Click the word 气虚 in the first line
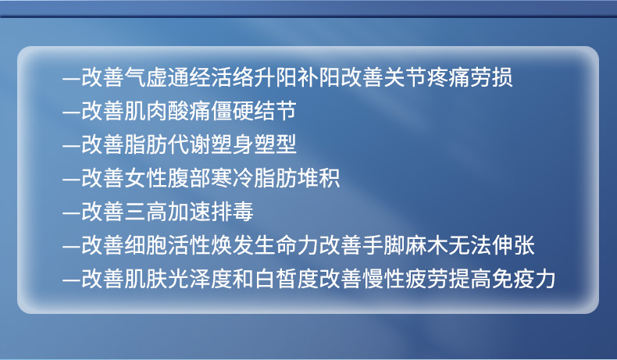(x=146, y=77)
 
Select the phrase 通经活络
(x=211, y=77)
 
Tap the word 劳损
(x=491, y=77)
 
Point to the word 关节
(x=405, y=77)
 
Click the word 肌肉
(x=146, y=111)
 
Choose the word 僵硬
(x=232, y=111)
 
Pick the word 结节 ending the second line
(x=276, y=111)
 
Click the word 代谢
(x=189, y=144)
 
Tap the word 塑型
(x=276, y=144)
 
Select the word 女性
(x=146, y=178)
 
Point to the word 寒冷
(x=232, y=178)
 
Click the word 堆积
(x=319, y=178)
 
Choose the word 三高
(x=146, y=212)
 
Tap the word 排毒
(x=232, y=212)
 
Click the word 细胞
(x=146, y=245)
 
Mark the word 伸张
(x=513, y=245)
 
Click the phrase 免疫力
(x=524, y=279)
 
